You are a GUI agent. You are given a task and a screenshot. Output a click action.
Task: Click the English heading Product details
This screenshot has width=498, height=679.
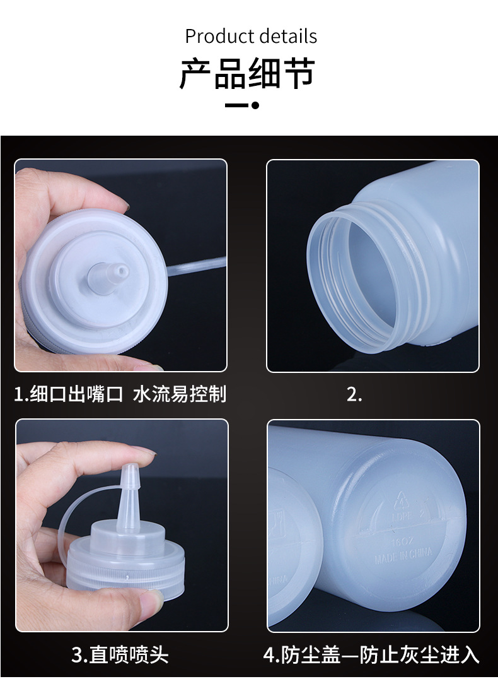(251, 36)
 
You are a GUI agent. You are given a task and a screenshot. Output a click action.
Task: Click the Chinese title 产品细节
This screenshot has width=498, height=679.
(248, 74)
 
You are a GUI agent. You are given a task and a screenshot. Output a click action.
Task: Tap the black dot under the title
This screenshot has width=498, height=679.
(255, 105)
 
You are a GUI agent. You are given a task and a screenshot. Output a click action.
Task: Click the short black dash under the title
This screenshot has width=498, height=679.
(236, 105)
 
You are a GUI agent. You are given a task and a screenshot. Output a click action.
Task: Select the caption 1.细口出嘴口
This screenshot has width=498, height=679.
(69, 394)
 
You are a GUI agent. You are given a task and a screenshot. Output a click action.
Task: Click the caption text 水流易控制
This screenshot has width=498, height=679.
(180, 394)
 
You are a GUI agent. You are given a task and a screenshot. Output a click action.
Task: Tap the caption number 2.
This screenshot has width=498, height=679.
(355, 394)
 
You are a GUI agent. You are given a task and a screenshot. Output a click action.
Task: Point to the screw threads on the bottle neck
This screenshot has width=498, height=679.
(403, 265)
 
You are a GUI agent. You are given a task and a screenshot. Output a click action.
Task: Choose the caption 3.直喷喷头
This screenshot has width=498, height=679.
(120, 654)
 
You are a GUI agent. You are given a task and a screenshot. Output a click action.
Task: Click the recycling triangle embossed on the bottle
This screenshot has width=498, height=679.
(401, 500)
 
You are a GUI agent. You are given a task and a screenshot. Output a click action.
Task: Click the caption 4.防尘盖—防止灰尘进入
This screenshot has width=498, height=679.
(371, 654)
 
